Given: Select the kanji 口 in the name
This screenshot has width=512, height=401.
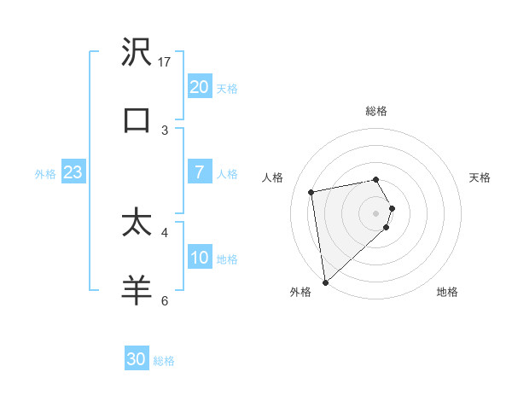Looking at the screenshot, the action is [x=137, y=119].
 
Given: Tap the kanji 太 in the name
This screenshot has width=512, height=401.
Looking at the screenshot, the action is [x=137, y=223].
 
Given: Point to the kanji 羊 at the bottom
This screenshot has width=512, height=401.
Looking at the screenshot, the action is [x=137, y=290].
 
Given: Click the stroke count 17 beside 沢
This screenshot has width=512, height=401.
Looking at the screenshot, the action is [x=165, y=61].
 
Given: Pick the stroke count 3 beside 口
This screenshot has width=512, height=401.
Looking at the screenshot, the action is [x=165, y=130].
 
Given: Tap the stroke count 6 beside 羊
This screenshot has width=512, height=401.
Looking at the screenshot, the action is [x=165, y=300].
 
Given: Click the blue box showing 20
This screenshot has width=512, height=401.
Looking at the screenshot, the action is [x=199, y=87].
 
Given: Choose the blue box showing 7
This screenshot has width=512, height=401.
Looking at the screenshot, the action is [x=199, y=172].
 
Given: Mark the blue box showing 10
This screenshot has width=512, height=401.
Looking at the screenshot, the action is [x=199, y=258].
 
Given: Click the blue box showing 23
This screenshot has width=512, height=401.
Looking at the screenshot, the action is [x=73, y=172].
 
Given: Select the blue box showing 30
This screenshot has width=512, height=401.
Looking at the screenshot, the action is [x=137, y=359].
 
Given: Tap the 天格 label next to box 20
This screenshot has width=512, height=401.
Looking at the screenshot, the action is [x=227, y=88].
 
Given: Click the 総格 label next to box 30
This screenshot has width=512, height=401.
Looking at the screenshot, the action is [x=164, y=360].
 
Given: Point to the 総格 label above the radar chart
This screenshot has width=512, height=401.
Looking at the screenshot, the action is [x=376, y=111].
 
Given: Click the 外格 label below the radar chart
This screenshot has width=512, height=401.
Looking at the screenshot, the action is [x=300, y=293].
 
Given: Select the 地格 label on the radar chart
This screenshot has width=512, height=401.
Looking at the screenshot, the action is [x=447, y=293].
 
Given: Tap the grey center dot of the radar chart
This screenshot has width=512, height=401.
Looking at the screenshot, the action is [x=376, y=212].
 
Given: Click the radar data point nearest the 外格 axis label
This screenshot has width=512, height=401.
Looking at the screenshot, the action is [x=325, y=282].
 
